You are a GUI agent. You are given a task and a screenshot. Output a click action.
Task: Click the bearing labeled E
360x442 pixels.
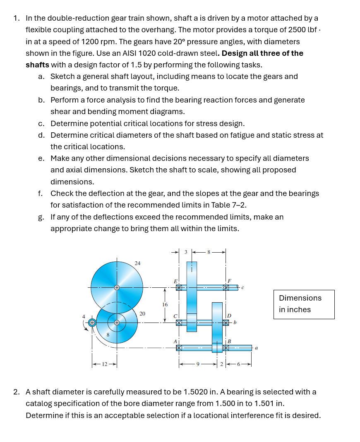click(179, 287)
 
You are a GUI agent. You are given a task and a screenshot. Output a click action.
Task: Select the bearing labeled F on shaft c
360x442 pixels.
click(226, 287)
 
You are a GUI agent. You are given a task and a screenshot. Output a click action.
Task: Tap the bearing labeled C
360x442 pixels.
click(179, 323)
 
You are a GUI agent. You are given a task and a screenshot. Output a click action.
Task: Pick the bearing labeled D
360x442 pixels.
click(226, 323)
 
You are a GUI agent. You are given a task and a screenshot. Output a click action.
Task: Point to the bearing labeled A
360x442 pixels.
click(179, 348)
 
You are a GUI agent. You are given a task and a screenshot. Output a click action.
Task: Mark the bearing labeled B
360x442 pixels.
click(226, 348)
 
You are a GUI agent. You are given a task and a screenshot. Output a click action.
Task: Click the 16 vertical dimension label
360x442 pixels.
click(165, 304)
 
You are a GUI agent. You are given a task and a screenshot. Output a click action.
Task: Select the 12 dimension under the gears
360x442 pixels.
click(105, 364)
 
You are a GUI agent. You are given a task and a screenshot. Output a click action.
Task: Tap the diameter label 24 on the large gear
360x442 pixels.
click(137, 263)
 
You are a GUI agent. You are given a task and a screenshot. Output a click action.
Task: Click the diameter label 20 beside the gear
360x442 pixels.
click(142, 313)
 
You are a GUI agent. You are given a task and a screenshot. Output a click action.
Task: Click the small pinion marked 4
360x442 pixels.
click(92, 323)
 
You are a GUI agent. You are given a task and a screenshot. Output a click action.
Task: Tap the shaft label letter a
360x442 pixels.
click(256, 349)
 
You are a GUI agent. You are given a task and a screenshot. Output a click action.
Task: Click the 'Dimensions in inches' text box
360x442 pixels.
click(304, 304)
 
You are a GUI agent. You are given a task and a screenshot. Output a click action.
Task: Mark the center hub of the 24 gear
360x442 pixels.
click(117, 287)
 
